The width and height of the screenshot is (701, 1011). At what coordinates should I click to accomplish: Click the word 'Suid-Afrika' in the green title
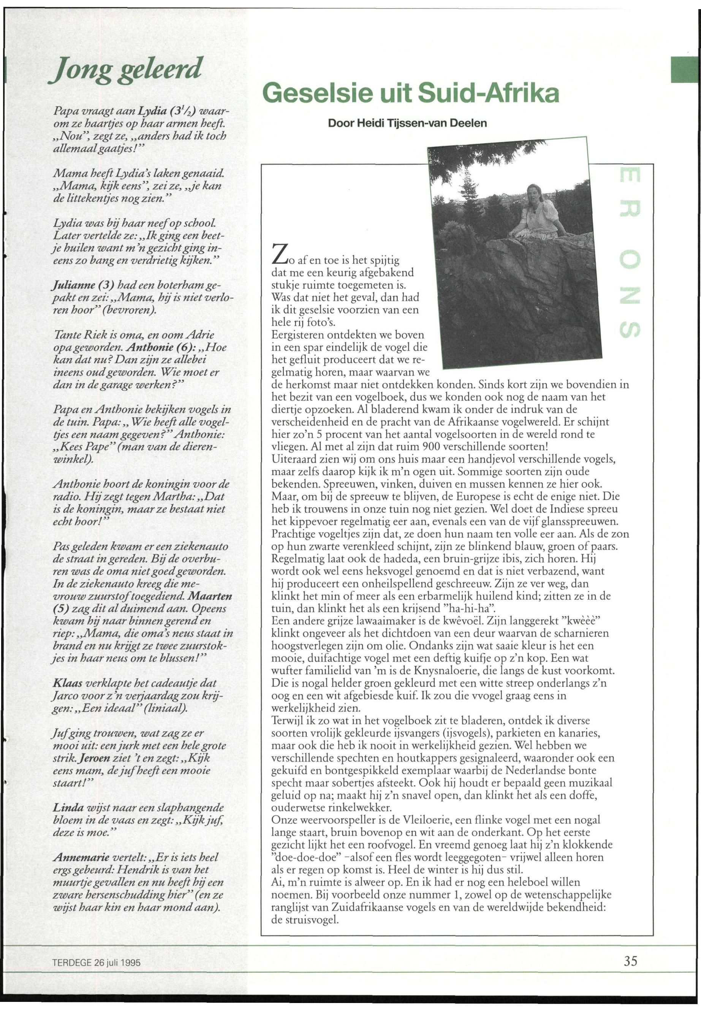click(x=488, y=93)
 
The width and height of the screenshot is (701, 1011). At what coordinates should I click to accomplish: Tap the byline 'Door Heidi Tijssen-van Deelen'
click(x=408, y=124)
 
